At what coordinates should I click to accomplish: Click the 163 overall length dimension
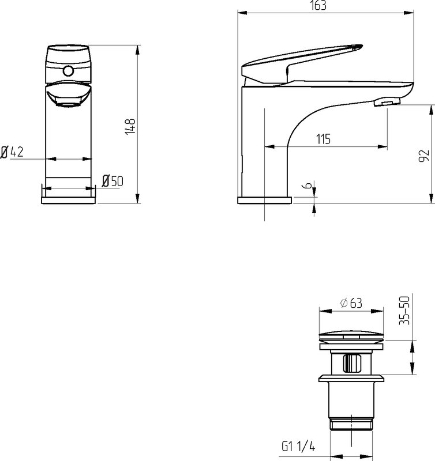click(318, 5)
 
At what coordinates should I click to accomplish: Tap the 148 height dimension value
click(130, 127)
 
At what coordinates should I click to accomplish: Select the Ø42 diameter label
click(12, 152)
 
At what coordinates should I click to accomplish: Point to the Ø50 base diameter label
click(112, 181)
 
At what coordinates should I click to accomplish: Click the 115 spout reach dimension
click(323, 139)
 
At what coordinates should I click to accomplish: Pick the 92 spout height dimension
click(423, 156)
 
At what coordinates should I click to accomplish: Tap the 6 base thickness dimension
click(307, 185)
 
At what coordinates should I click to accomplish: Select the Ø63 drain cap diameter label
click(351, 303)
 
